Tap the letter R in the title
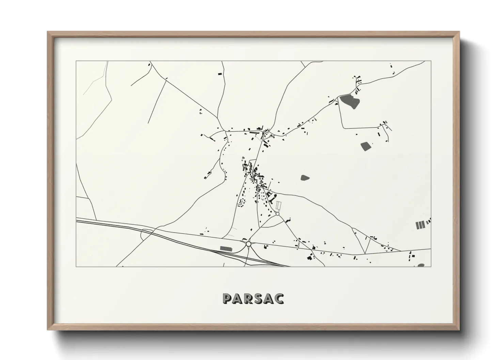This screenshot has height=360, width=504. coord(249,299)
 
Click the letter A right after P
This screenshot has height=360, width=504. coord(238,299)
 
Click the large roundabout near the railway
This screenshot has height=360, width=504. coord(248,244)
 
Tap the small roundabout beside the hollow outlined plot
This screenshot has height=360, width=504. coord(278,214)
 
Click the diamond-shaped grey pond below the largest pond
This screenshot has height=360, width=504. coord(366,146)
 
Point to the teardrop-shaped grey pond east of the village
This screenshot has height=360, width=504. coord(305,177)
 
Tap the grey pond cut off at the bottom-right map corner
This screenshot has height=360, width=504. coord(421,265)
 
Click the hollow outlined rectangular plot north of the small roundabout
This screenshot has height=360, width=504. coord(279,206)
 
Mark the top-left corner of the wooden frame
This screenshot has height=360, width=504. coord(48,32)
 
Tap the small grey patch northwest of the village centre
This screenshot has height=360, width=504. coord(243,158)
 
